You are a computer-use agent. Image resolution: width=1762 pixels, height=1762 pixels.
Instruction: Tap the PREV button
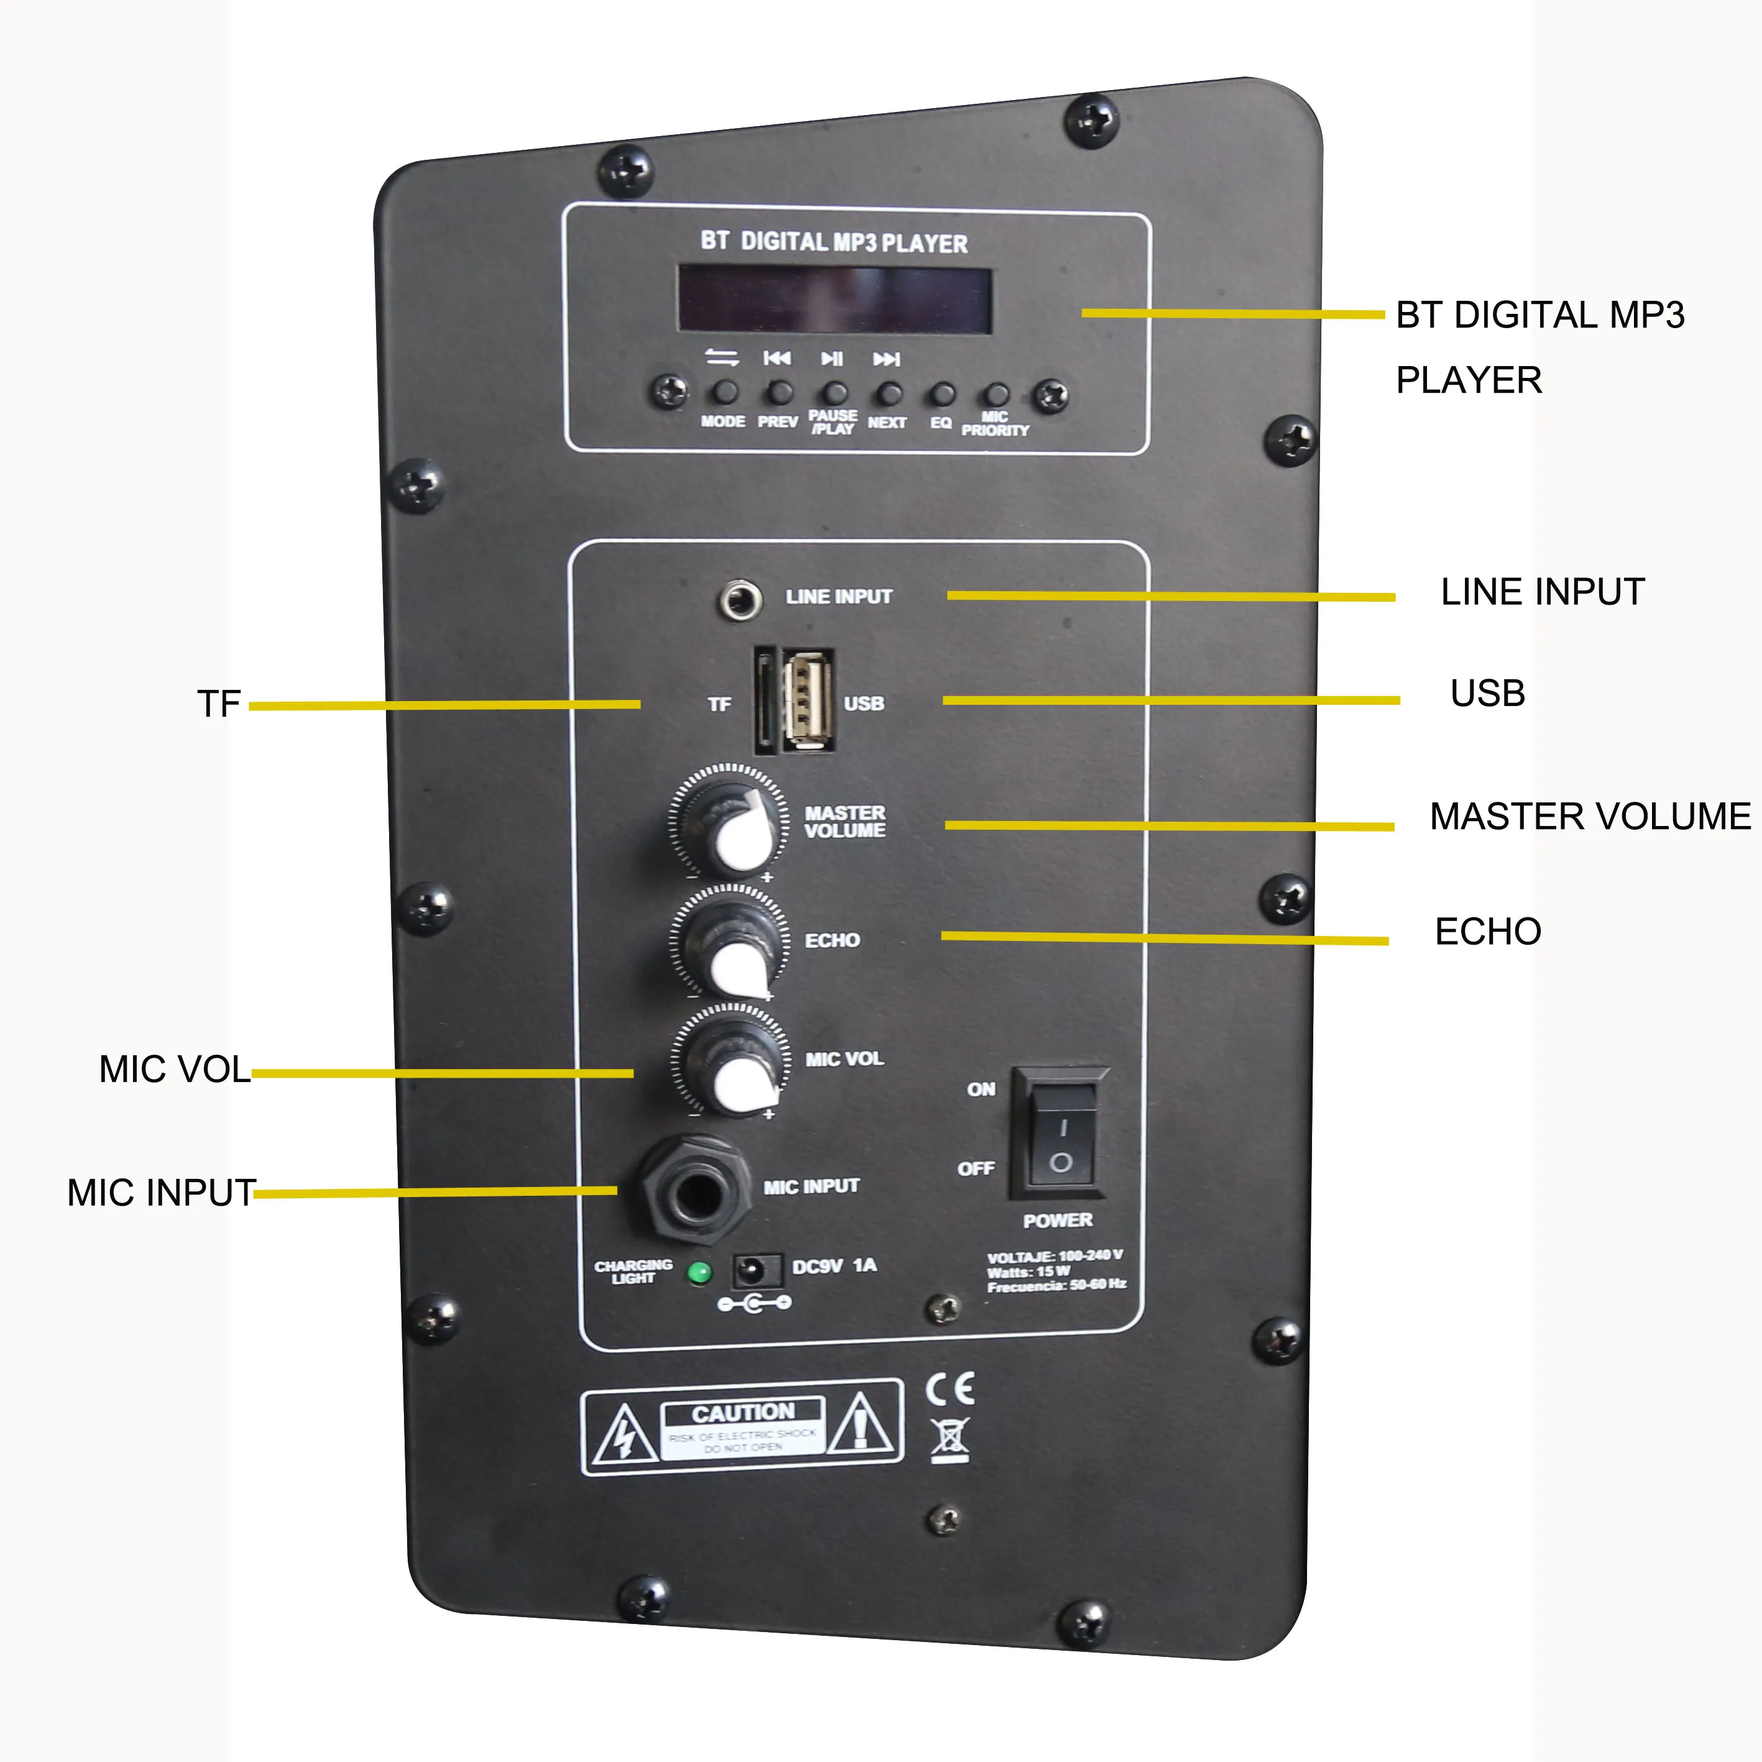(x=779, y=393)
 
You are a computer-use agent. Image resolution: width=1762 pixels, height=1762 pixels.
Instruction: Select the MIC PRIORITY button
(x=997, y=395)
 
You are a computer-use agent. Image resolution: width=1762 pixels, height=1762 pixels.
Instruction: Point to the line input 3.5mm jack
(x=740, y=600)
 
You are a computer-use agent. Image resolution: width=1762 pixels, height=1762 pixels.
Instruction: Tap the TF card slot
(x=764, y=700)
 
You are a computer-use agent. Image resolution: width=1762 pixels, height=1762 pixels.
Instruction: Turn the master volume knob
(x=730, y=822)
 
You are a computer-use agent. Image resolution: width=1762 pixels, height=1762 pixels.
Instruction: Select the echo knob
(x=730, y=944)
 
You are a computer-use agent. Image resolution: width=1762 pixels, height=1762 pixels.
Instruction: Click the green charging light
(x=699, y=1272)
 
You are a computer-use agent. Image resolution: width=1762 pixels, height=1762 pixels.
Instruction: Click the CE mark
(x=950, y=1389)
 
